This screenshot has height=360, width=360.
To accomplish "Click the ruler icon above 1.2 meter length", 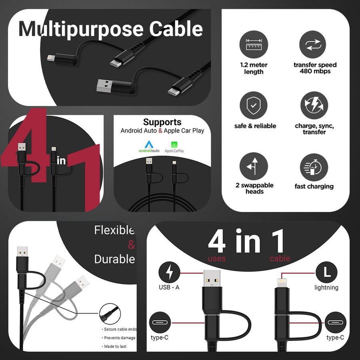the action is coord(254,44).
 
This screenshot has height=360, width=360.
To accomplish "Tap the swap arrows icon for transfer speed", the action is coord(313,44).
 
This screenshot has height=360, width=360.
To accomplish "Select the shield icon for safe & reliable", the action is coord(254,105).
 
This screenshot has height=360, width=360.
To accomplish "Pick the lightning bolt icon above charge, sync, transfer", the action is coord(314,105).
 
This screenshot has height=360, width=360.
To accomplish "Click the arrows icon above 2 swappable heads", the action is coord(254,166).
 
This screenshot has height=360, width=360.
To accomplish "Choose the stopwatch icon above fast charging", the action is coord(314,167).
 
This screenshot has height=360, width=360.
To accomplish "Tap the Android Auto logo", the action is coord(149,147).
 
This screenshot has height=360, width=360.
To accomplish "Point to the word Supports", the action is coord(162,122).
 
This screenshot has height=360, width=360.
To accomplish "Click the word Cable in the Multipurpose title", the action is coord(176,29).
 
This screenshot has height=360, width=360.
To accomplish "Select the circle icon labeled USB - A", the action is coord(170,272).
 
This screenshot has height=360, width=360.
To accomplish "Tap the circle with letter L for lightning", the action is coord(326,272).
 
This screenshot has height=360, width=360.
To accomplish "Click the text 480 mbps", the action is coord(315,71).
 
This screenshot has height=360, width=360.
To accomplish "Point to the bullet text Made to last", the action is coord(115,346).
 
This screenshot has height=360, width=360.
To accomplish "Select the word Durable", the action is coord(114,260).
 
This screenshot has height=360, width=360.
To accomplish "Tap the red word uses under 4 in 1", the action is coord(217,258).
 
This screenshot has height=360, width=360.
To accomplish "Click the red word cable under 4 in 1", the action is coord(280,258).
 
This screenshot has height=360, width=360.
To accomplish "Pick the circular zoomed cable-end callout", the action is coord(110,314).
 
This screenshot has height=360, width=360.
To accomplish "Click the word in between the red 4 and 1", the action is coord(61,160).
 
